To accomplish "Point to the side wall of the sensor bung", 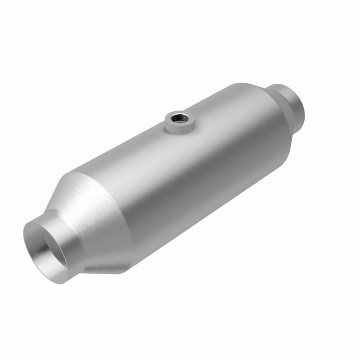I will click(180, 128).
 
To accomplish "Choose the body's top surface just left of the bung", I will click(144, 135).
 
